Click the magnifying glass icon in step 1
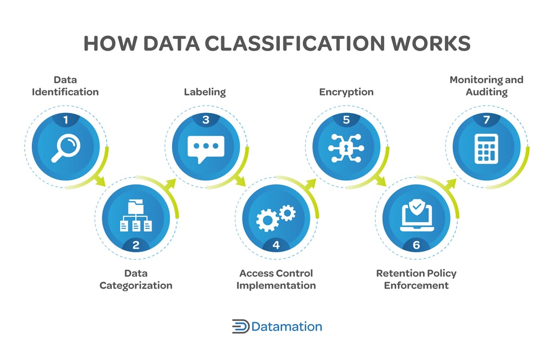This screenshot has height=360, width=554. tap(65, 149)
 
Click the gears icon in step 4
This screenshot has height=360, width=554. tap(275, 217)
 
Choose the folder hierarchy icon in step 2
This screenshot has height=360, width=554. tap(136, 216)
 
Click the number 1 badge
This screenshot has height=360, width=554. tap(65, 120)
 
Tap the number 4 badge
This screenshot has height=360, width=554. tap(276, 245)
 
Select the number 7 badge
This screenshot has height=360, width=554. tap(486, 120)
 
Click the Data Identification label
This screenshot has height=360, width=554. tap(65, 86)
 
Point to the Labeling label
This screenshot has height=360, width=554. tap(205, 92)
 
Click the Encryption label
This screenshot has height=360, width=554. tap(346, 92)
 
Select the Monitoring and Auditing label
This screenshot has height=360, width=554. tap(486, 86)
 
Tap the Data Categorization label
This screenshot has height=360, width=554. tap(136, 279)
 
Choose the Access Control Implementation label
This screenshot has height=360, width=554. tap(276, 279)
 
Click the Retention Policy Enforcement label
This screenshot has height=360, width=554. tap(416, 279)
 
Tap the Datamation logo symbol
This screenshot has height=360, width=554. tap(240, 326)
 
